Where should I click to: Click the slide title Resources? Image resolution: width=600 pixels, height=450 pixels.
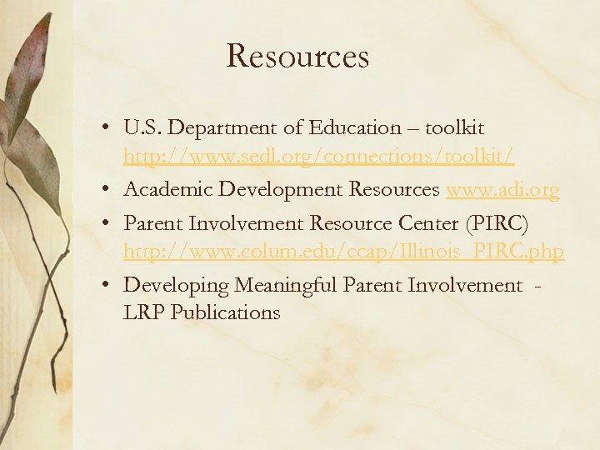click(x=297, y=57)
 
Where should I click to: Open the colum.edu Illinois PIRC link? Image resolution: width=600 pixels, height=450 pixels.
click(x=343, y=251)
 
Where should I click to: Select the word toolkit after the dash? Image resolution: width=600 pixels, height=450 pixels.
click(x=454, y=127)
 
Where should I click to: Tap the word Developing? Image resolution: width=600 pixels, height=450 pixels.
click(x=176, y=286)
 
